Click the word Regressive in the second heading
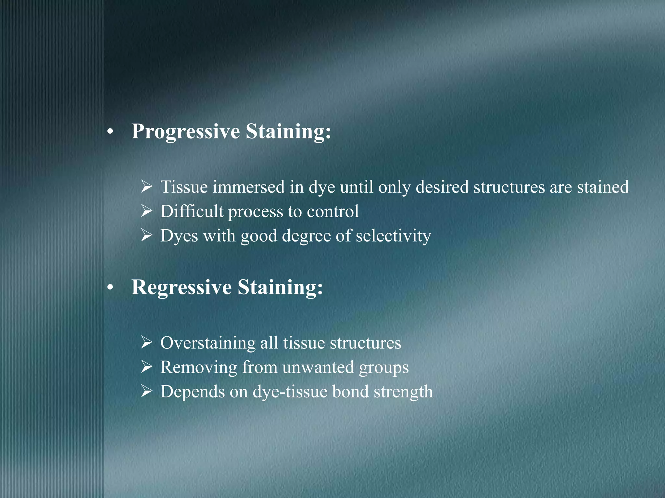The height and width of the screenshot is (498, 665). click(x=182, y=287)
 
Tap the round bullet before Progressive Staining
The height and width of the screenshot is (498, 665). click(x=111, y=132)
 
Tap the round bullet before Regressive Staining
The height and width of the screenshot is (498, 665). click(x=111, y=288)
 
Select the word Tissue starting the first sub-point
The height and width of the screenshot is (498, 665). click(x=184, y=187)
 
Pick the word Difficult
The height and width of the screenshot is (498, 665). click(x=192, y=211)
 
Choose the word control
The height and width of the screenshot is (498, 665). click(x=333, y=211)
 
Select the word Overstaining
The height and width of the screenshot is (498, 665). click(x=208, y=343)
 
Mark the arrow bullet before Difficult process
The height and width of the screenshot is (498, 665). click(x=147, y=211)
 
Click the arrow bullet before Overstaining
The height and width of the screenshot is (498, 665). click(x=147, y=343)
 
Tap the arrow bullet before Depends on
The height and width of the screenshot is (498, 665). click(x=147, y=391)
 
